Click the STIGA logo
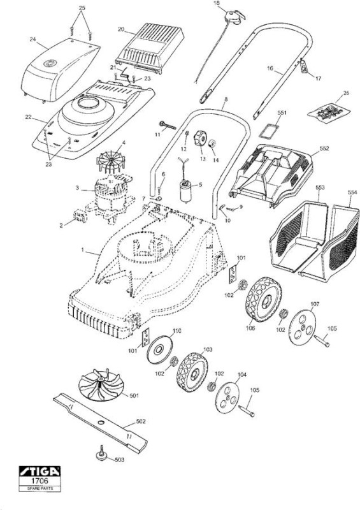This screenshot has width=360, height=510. click(40, 471)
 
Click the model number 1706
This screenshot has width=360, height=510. click(40, 481)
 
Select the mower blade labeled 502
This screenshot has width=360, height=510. click(100, 422)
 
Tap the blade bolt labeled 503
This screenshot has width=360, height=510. click(102, 453)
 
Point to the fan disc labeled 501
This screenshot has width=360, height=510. click(101, 385)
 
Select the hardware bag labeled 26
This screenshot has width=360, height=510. click(329, 113)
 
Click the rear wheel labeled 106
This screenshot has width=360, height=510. click(263, 300)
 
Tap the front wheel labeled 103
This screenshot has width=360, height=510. click(192, 373)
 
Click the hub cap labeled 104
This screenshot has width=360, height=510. click(227, 397)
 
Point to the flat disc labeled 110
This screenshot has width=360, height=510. click(160, 349)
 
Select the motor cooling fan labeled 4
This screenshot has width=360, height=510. click(111, 161)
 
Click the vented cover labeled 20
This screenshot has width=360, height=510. click(150, 48)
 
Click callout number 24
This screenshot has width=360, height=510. click(32, 40)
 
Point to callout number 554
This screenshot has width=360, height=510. click(352, 193)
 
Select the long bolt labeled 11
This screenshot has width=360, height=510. click(168, 125)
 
